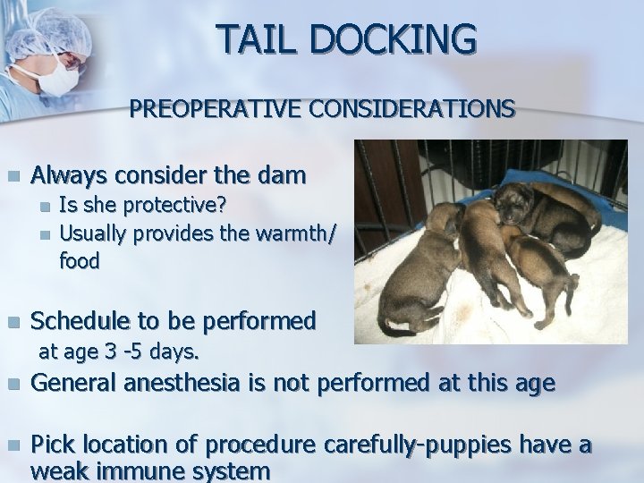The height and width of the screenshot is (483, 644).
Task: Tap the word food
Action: pyautogui.click(x=80, y=260)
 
